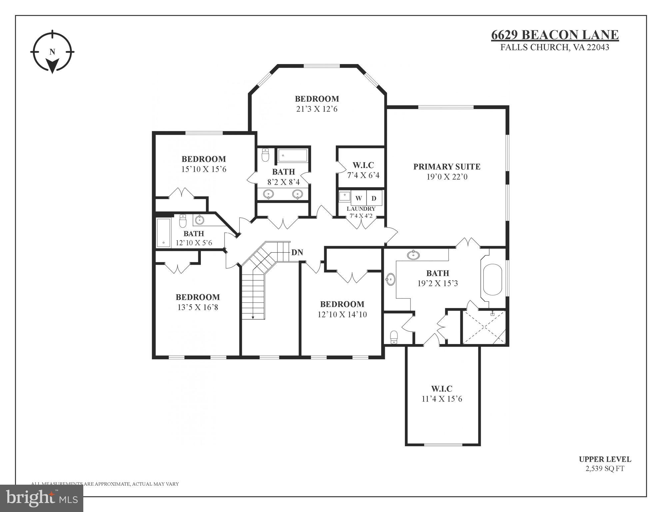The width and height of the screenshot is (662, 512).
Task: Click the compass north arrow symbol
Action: point(52,64)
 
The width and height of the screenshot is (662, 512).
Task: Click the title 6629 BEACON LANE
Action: point(555,35)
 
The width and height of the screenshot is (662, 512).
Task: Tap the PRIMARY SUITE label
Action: point(447,167)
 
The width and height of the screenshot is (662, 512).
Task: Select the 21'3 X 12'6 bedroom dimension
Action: point(317,109)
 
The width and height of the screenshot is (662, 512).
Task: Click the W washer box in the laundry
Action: point(358,198)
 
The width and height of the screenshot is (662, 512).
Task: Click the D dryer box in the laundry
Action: point(374,198)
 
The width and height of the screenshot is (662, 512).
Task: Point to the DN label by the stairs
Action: point(297,252)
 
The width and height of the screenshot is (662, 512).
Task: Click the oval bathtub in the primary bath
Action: point(492,280)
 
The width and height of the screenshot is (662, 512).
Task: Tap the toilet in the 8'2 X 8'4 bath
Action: point(265,155)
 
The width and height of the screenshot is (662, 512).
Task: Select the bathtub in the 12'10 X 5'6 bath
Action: point(163,232)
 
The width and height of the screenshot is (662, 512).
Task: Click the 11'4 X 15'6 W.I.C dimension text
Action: point(442,399)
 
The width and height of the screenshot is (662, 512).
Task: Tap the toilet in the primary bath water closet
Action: point(394,337)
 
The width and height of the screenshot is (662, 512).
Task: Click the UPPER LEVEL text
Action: point(605,459)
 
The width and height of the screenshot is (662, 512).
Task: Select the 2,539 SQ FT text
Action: point(605,469)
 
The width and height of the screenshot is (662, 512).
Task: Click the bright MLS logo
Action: point(42,498)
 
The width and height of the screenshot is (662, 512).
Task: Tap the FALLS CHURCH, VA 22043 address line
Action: point(555,47)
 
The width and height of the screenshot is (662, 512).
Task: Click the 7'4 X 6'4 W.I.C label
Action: point(363,175)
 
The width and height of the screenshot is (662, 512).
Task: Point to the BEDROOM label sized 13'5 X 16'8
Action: point(198,297)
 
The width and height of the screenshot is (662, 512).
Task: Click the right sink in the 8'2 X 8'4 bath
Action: point(298,194)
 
